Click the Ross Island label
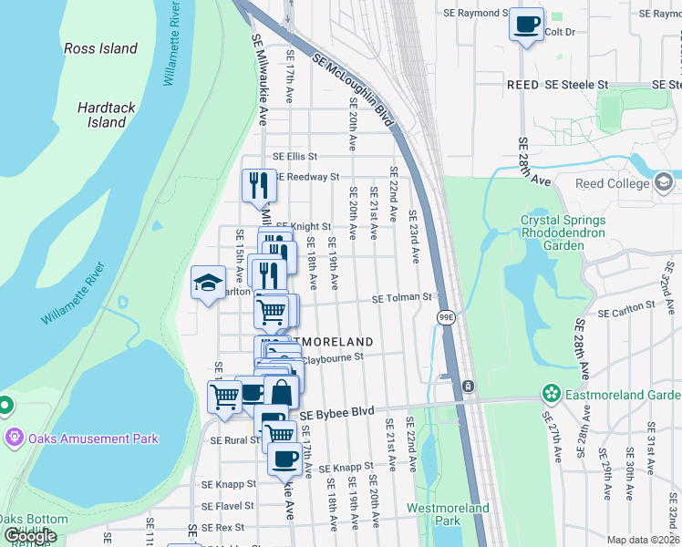pos(100,48)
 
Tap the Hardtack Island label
pos(107,115)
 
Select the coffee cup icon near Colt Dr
pos(526,24)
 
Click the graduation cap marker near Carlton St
pos(208,282)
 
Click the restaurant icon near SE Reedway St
pos(258,185)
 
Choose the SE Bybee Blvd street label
pos(337,413)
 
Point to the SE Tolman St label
pos(400,297)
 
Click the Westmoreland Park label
pos(448,514)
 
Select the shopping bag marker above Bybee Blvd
pos(282,394)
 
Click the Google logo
pos(30,535)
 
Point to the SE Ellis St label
pos(294,157)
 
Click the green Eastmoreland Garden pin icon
pos(551,394)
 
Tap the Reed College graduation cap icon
pos(665,183)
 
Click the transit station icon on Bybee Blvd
pos(468,387)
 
